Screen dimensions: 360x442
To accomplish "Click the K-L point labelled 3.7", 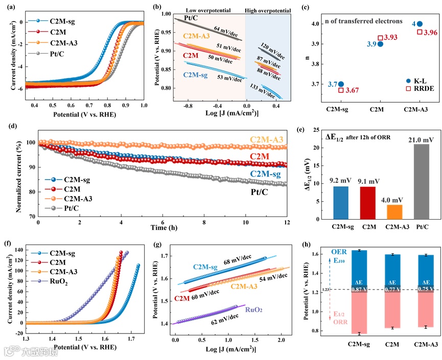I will (x=341, y=84).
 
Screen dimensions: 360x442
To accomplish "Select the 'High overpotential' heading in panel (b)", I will (x=269, y=10).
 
